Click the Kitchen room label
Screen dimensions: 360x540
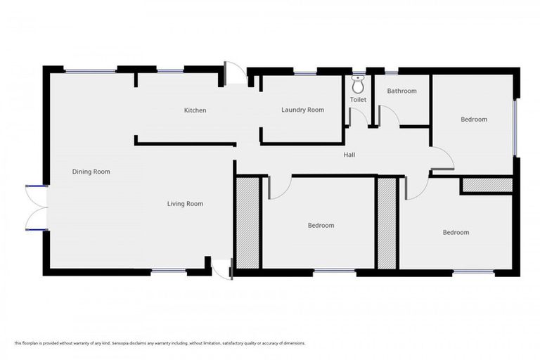[195, 110]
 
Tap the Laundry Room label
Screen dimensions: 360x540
[302, 110]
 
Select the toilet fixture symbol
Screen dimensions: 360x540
[358, 85]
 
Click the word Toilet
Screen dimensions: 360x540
[358, 100]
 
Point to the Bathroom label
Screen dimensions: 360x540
[401, 91]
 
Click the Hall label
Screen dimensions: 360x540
[349, 155]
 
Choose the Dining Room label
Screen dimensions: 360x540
[91, 172]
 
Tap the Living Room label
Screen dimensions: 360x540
[185, 204]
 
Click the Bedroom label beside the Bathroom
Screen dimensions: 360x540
[473, 120]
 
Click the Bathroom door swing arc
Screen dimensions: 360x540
[389, 116]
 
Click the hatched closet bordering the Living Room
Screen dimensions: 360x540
[247, 223]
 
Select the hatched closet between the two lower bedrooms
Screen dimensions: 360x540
[387, 223]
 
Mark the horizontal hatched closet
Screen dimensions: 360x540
[486, 185]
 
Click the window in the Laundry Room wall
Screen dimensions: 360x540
[304, 72]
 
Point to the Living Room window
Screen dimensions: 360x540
[169, 271]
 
